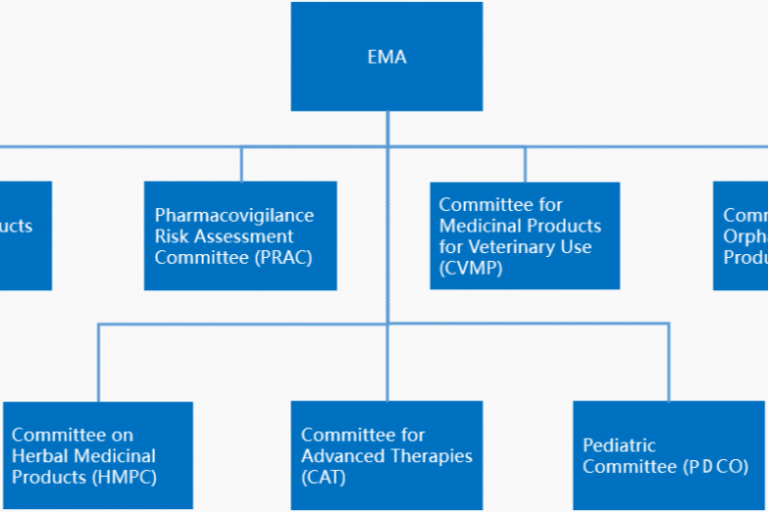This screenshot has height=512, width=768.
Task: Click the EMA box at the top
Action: (x=386, y=56)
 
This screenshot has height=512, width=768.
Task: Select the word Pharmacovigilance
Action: (x=234, y=215)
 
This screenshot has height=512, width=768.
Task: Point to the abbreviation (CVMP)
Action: (x=471, y=268)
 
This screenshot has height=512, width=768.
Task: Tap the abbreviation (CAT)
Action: (x=324, y=478)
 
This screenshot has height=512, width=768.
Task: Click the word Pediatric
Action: (x=619, y=445)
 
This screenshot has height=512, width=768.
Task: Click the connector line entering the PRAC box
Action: (x=241, y=165)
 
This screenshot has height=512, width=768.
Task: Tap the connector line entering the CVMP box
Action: (x=525, y=165)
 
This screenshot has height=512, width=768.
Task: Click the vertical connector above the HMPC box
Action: (x=98, y=362)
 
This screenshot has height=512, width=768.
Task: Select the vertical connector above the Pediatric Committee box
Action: (x=669, y=362)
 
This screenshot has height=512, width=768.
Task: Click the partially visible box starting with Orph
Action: (x=741, y=235)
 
